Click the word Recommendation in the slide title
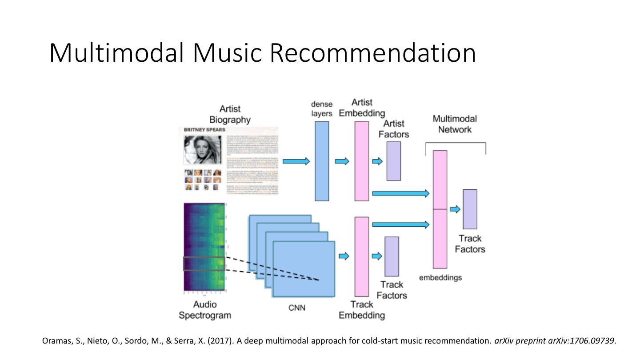click(x=373, y=52)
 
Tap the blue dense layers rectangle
click(x=322, y=161)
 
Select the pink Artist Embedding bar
click(x=362, y=161)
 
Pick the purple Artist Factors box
click(x=393, y=161)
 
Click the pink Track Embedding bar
click(x=362, y=256)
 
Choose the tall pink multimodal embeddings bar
click(x=440, y=209)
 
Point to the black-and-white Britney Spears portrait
click(x=203, y=150)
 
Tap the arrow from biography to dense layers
click(x=296, y=161)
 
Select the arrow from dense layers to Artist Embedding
click(x=342, y=161)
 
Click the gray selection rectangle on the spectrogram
click(x=204, y=264)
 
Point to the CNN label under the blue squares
click(x=297, y=308)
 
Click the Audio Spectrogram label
click(x=205, y=310)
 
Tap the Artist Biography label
click(x=230, y=114)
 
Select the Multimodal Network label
click(x=455, y=124)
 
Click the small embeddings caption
click(x=440, y=278)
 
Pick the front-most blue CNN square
click(x=304, y=269)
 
